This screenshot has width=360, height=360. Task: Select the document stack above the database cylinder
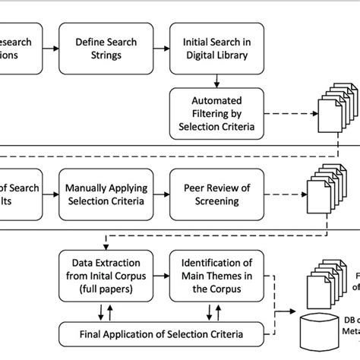click(324, 284)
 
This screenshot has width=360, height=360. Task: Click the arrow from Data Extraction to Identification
click(160, 274)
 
